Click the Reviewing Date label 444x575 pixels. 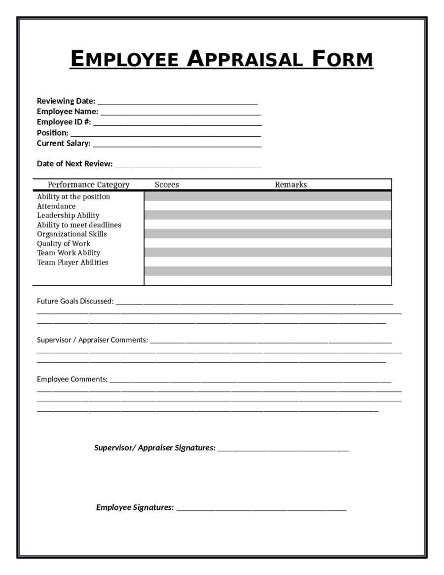(x=66, y=101)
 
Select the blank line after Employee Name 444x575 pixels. (x=181, y=113)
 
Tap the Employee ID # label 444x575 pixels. (x=64, y=122)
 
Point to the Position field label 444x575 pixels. (x=52, y=133)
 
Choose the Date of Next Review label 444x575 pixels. (x=74, y=164)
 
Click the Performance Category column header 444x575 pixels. (x=88, y=185)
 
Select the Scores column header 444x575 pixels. (x=167, y=185)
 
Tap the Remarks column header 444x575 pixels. (x=291, y=185)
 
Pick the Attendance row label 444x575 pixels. (x=56, y=206)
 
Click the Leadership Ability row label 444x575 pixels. (x=68, y=216)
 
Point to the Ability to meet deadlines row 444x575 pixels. (x=79, y=225)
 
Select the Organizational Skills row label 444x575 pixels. (x=72, y=234)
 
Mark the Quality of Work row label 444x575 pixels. (x=64, y=244)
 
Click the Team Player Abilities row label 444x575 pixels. (x=73, y=263)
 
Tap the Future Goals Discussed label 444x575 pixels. (x=75, y=301)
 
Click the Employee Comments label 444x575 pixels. (x=72, y=380)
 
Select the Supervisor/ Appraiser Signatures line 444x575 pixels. (x=283, y=450)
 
